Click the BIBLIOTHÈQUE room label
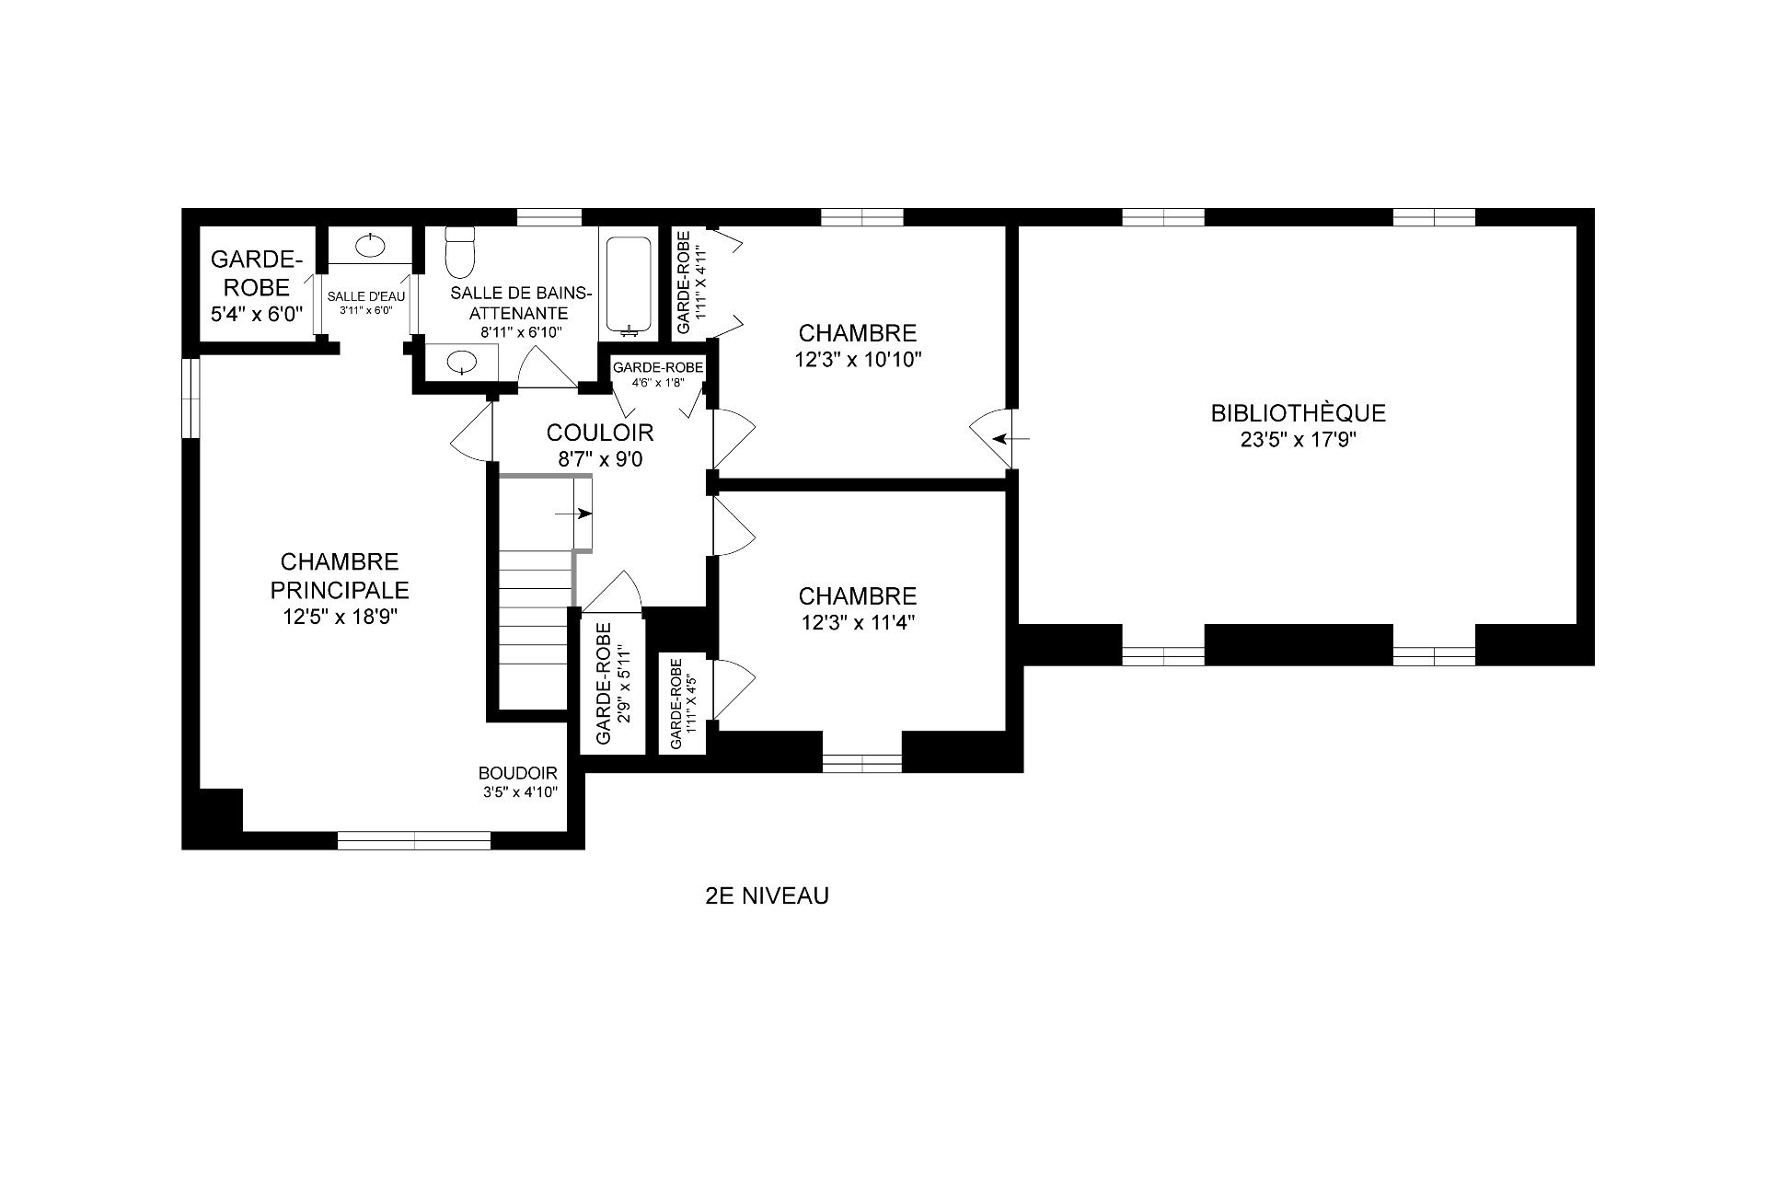pyautogui.click(x=1298, y=413)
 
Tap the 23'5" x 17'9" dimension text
pyautogui.click(x=1299, y=440)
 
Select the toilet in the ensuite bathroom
pyautogui.click(x=458, y=252)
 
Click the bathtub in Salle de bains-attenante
pyautogui.click(x=629, y=285)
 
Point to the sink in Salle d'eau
pyautogui.click(x=370, y=245)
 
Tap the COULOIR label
pyautogui.click(x=600, y=433)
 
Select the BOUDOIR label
pyautogui.click(x=517, y=774)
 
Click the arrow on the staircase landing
pyautogui.click(x=574, y=514)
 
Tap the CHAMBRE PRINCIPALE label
pyautogui.click(x=340, y=575)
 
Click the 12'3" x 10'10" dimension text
pyautogui.click(x=858, y=360)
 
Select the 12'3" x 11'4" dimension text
pyautogui.click(x=858, y=623)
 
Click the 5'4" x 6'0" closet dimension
pyautogui.click(x=257, y=315)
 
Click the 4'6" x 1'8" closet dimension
pyautogui.click(x=658, y=383)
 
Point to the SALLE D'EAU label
pyautogui.click(x=366, y=296)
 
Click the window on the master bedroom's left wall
pyautogui.click(x=191, y=398)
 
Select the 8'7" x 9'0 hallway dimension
pyautogui.click(x=600, y=458)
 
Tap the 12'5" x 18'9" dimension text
pyautogui.click(x=340, y=618)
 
